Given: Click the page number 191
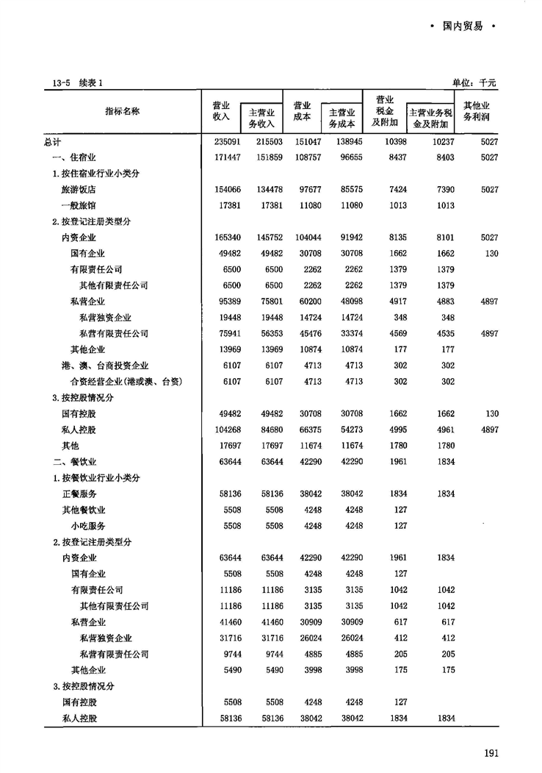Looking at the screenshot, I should pos(492,752).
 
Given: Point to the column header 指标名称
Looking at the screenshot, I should pos(123,111).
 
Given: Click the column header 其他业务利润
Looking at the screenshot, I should pos(477,111).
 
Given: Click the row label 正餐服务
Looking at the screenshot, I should pos(79,494).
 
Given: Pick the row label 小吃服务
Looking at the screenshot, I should pos(88,526).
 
